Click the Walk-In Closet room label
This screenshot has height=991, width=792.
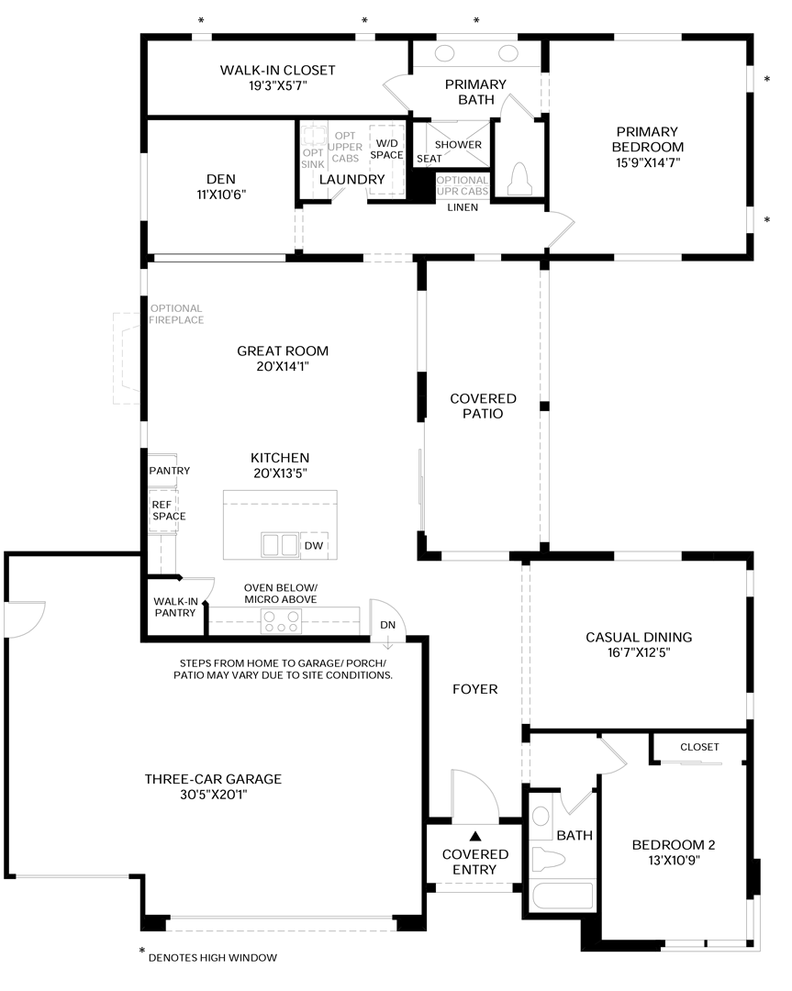coord(277,70)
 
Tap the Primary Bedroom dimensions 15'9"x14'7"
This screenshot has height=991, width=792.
coord(648,162)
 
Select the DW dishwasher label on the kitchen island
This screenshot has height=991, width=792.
coord(314,545)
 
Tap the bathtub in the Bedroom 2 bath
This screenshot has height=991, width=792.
coord(563,896)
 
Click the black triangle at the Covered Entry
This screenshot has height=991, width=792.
coord(475,836)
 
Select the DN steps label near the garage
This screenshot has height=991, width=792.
coord(387,625)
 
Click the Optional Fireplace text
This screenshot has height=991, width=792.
coord(176,314)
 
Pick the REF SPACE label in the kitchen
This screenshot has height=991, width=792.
coord(168,510)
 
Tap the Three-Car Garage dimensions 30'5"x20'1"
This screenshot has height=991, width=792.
coord(213,795)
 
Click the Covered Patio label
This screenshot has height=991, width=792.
coord(483,406)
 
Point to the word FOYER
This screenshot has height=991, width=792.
coord(474,689)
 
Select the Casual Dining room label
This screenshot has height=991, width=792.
coord(639,637)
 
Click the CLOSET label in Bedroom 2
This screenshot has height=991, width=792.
coord(699,747)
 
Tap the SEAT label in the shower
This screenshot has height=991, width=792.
coord(429,159)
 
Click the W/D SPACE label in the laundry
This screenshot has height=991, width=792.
coord(386,150)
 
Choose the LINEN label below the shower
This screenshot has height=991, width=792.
coord(463,207)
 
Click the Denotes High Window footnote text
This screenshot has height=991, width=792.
coord(212,957)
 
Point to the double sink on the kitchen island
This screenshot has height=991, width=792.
coord(280,545)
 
